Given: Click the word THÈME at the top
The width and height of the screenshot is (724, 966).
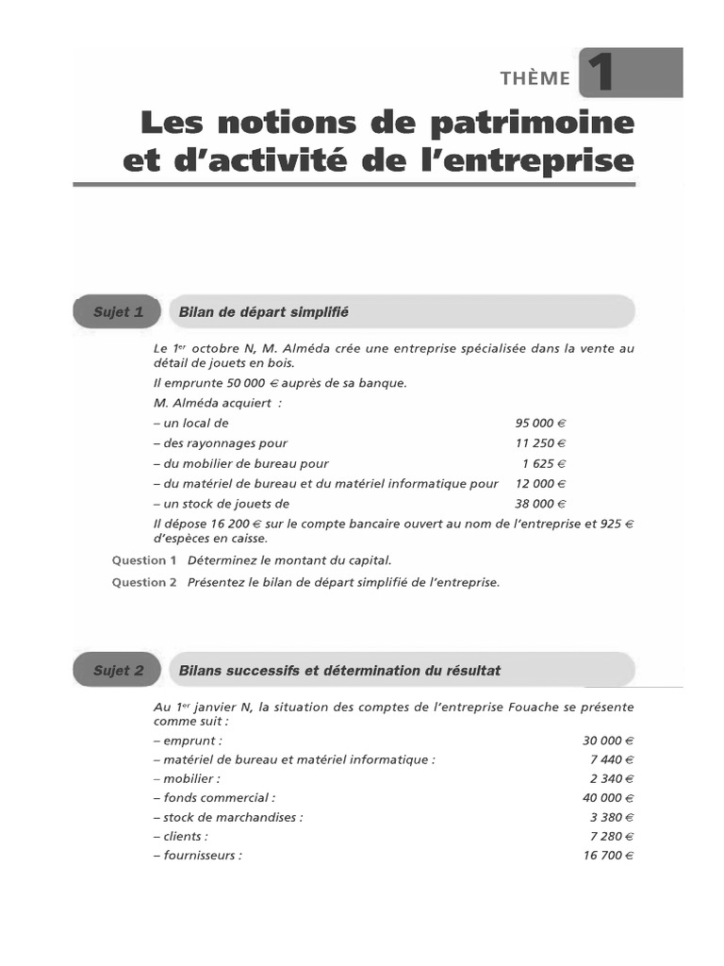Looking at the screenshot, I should (x=536, y=78).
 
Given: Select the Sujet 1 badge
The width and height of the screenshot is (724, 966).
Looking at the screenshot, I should (x=118, y=311).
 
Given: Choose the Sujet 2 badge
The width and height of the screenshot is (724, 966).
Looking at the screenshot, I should (x=118, y=671).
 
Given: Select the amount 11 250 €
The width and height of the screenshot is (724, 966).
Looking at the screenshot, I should (x=540, y=443).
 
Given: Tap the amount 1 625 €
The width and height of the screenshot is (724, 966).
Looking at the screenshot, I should (x=544, y=463).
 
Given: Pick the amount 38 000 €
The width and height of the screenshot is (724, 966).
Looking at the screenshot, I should (x=540, y=503).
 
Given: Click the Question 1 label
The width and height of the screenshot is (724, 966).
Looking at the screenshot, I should (x=144, y=560).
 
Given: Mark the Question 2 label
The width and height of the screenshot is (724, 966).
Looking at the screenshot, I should (x=144, y=582).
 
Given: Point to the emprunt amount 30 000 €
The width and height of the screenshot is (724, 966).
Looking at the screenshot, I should (x=608, y=741).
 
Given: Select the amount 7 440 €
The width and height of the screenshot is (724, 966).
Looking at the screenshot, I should (x=612, y=759).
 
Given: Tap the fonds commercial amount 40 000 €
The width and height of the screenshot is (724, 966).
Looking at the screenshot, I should (x=608, y=797).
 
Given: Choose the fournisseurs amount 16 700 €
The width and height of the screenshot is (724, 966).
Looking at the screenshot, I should (x=608, y=856).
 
